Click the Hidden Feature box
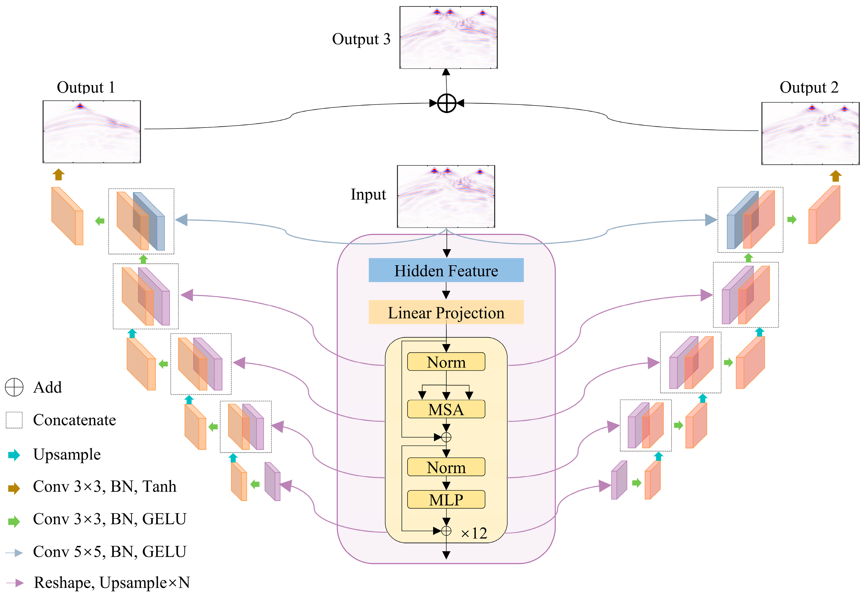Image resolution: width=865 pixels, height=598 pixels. click(446, 270)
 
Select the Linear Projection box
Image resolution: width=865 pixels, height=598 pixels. click(446, 312)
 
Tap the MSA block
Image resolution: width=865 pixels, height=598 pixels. click(446, 409)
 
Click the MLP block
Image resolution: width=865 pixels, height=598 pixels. click(446, 500)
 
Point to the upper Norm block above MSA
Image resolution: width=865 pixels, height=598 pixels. click(446, 362)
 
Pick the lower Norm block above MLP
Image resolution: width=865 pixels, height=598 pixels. click(446, 467)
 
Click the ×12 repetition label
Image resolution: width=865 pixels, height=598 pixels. click(474, 533)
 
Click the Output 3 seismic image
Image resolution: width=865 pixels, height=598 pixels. click(448, 37)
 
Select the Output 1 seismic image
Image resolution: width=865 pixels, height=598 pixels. click(92, 132)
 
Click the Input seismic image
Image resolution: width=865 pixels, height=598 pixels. click(446, 196)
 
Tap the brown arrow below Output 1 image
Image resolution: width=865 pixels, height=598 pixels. click(58, 175)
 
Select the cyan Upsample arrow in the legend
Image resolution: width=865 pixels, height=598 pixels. click(14, 455)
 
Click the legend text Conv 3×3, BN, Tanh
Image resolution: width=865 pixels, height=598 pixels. click(105, 486)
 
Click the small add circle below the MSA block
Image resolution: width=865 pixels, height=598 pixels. click(446, 437)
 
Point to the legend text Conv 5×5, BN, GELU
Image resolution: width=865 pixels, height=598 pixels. click(109, 552)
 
